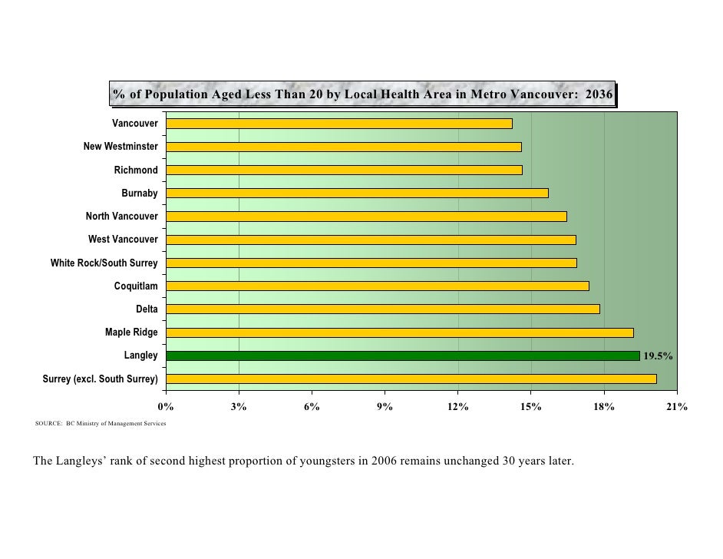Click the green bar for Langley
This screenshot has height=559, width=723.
[x=402, y=356]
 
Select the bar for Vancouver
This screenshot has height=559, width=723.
[x=338, y=124]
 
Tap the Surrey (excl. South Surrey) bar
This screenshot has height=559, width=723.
[x=411, y=379]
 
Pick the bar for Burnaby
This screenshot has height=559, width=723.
[x=357, y=193]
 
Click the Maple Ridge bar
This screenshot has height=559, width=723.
[x=399, y=332]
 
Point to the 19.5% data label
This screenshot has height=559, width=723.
[x=658, y=356]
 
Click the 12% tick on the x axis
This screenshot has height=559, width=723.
[x=457, y=407]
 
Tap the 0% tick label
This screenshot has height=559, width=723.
[x=165, y=407]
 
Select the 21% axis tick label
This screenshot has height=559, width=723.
[x=676, y=407]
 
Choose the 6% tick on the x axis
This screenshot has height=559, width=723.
[x=312, y=407]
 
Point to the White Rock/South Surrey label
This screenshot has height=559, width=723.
[x=104, y=263]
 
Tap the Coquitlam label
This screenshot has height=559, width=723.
[x=136, y=286]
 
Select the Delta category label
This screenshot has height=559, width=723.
[x=147, y=309]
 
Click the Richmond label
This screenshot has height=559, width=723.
[x=136, y=170]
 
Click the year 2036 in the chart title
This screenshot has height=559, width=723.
[x=598, y=95]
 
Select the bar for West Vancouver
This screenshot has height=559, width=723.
[x=371, y=240]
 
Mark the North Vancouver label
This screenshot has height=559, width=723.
[x=121, y=217]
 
